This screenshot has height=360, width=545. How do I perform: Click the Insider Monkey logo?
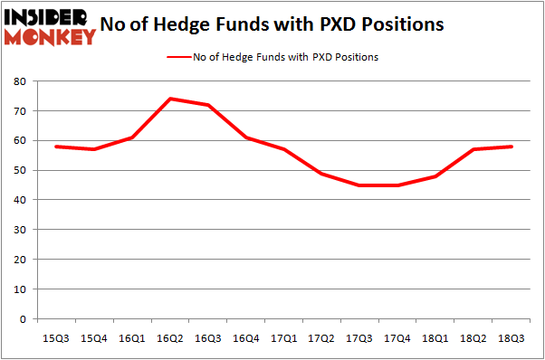coord(51,25)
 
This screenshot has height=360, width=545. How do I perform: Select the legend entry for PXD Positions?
coord(272,57)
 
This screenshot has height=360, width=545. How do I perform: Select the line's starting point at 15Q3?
coord(56,147)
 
